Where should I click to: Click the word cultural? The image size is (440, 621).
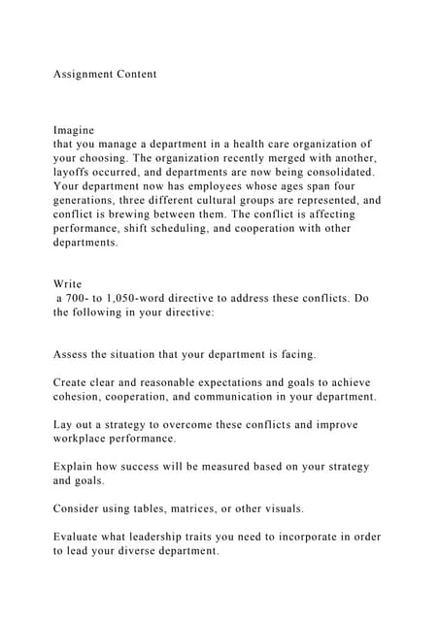(214, 200)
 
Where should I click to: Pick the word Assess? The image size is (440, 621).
(74, 354)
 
